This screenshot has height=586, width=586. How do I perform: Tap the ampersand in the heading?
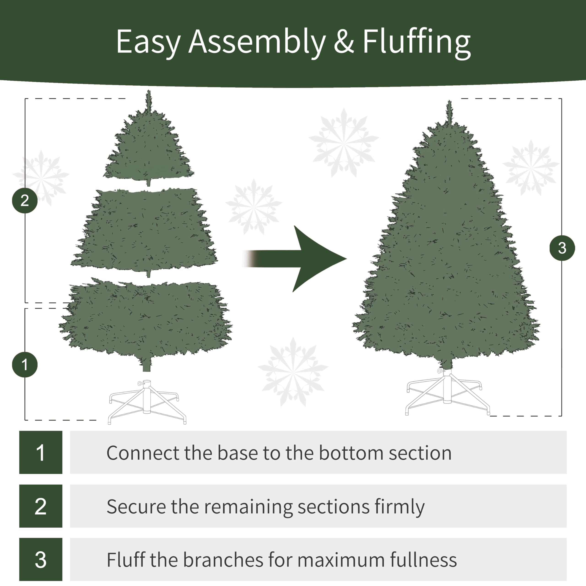344,42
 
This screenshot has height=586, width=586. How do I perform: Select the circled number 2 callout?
25,201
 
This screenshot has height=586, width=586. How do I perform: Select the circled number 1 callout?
25,365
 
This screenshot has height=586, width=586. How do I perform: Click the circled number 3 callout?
562,248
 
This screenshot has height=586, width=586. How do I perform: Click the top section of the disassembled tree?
149,149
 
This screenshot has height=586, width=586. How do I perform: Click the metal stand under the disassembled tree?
147,400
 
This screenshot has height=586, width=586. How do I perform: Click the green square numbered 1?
41,452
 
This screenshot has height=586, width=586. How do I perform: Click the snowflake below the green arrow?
293,372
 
